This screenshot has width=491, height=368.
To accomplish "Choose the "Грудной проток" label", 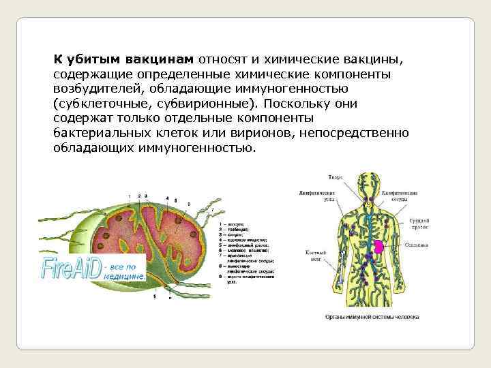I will [419, 224].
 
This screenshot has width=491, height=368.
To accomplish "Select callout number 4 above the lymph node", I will [167, 198].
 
